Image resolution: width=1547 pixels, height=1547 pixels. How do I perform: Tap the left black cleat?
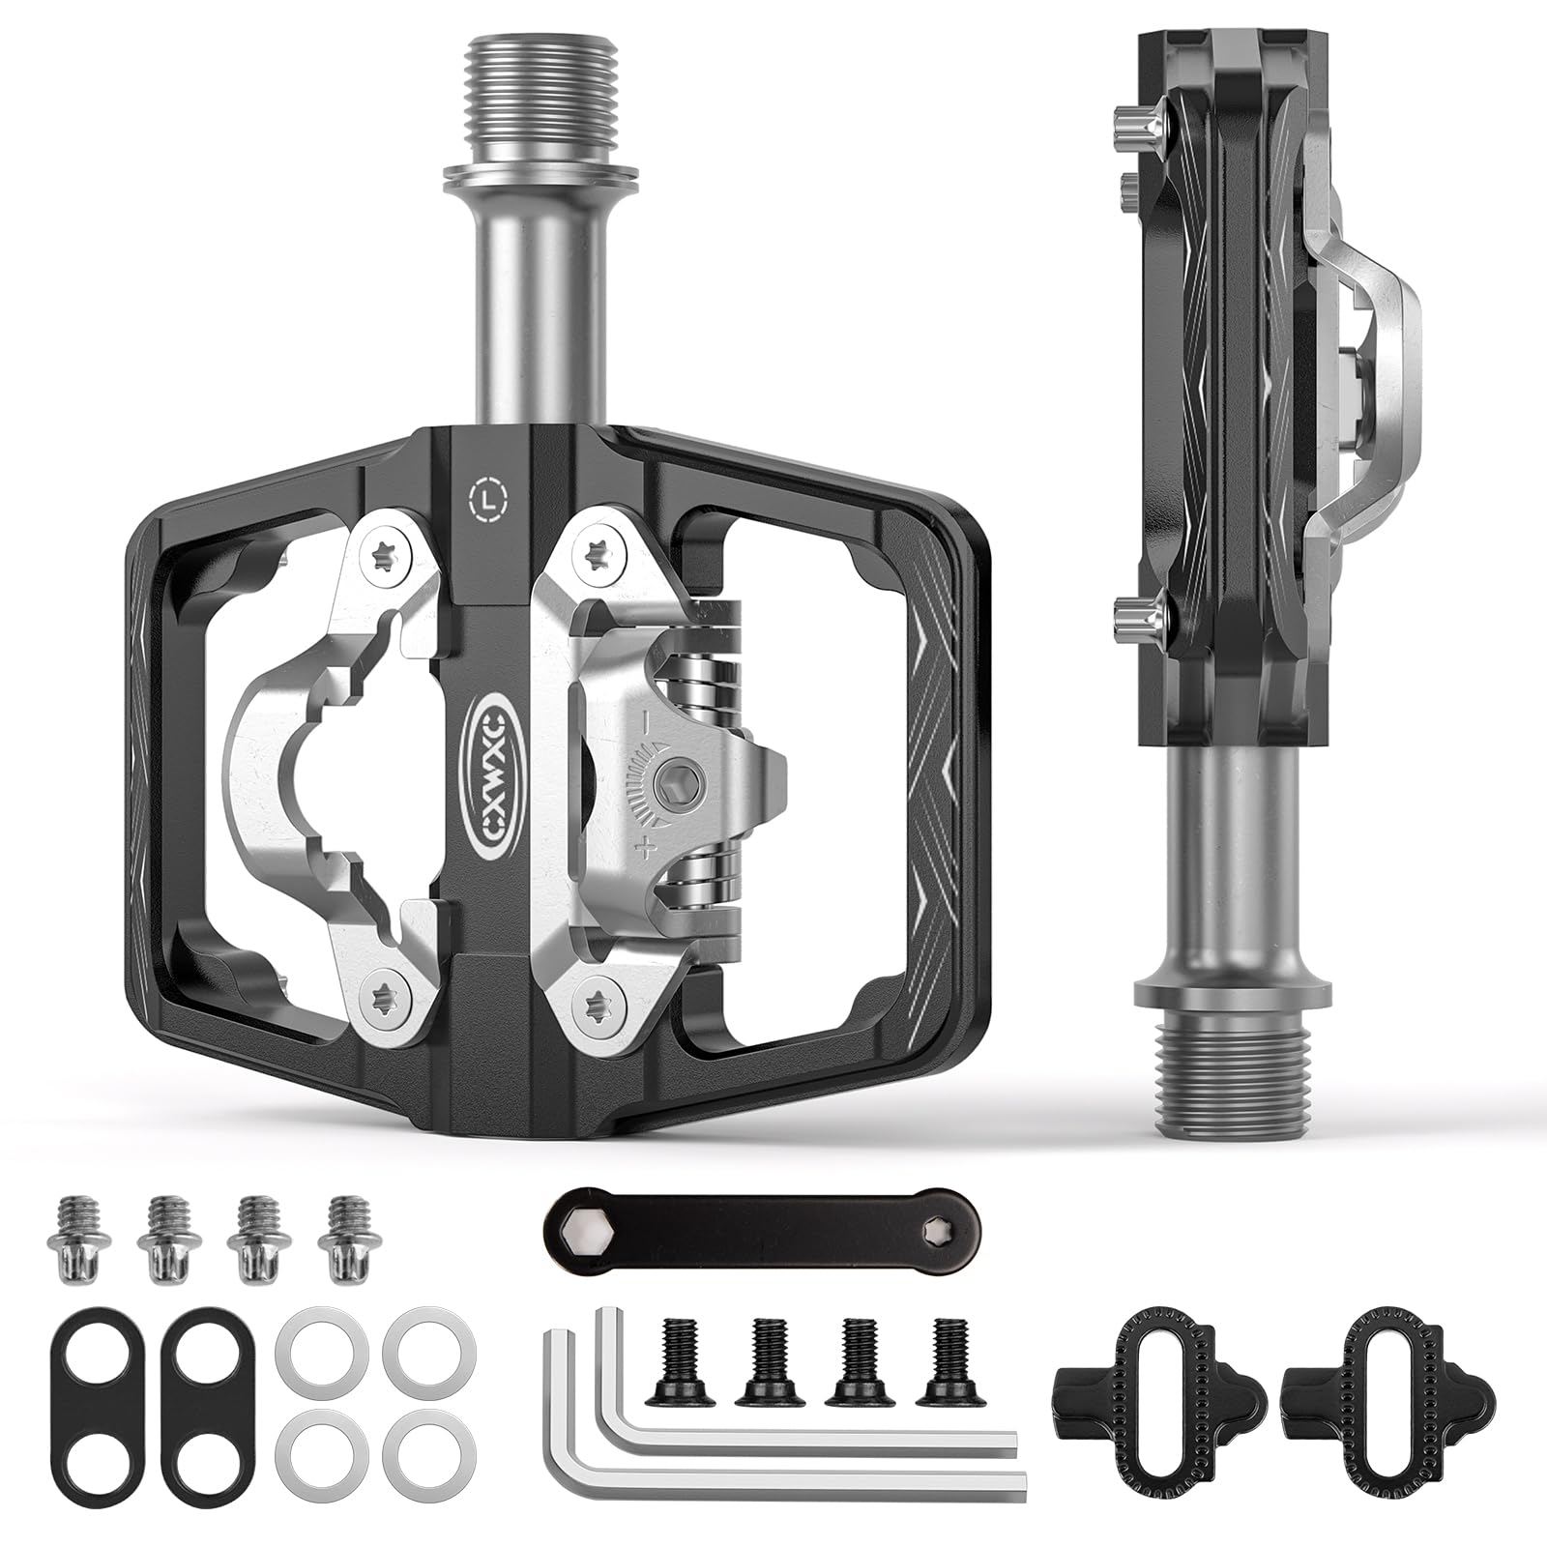tap(1158, 1378)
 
